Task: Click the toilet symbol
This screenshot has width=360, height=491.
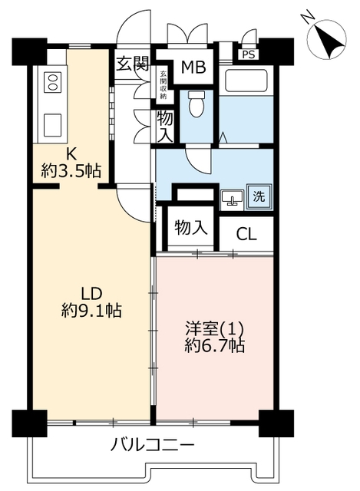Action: coord(197,104)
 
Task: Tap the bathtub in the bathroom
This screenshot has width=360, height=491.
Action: coord(246,81)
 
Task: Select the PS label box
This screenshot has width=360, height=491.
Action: coord(249,54)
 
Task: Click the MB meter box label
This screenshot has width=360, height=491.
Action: coord(193,68)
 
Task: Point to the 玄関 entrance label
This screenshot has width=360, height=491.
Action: coord(133,64)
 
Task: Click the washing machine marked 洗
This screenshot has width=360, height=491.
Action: coord(259,197)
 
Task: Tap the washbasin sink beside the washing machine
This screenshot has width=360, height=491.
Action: coord(232,199)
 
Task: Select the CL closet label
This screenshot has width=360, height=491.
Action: coord(246,233)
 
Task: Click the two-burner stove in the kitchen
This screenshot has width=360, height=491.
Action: coord(52,82)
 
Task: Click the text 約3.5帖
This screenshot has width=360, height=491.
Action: coord(71,171)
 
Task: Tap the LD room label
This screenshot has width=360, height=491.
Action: coord(92,294)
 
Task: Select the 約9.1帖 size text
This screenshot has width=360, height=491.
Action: coord(91,311)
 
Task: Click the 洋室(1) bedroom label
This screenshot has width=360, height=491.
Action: coord(215,329)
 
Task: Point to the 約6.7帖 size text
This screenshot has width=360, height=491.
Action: coord(215,346)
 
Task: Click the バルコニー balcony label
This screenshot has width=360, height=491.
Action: coord(153,445)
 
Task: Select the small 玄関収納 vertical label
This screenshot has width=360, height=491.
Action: coord(163,85)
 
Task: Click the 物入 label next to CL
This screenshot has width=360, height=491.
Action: coord(191,227)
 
